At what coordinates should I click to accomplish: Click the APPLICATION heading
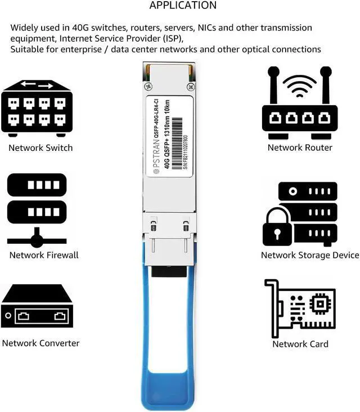tap(183, 6)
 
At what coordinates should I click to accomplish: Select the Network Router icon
tap(299, 104)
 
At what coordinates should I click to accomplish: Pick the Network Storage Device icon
tap(300, 213)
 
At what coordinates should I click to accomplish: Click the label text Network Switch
tap(40, 147)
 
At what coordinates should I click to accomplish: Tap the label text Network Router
tap(300, 147)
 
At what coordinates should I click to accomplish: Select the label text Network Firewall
tap(44, 255)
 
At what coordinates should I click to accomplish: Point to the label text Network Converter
tap(40, 343)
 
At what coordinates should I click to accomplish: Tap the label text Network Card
tap(300, 344)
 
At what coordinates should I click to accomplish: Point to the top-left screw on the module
tap(148, 87)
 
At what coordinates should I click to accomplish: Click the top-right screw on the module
tap(191, 87)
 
